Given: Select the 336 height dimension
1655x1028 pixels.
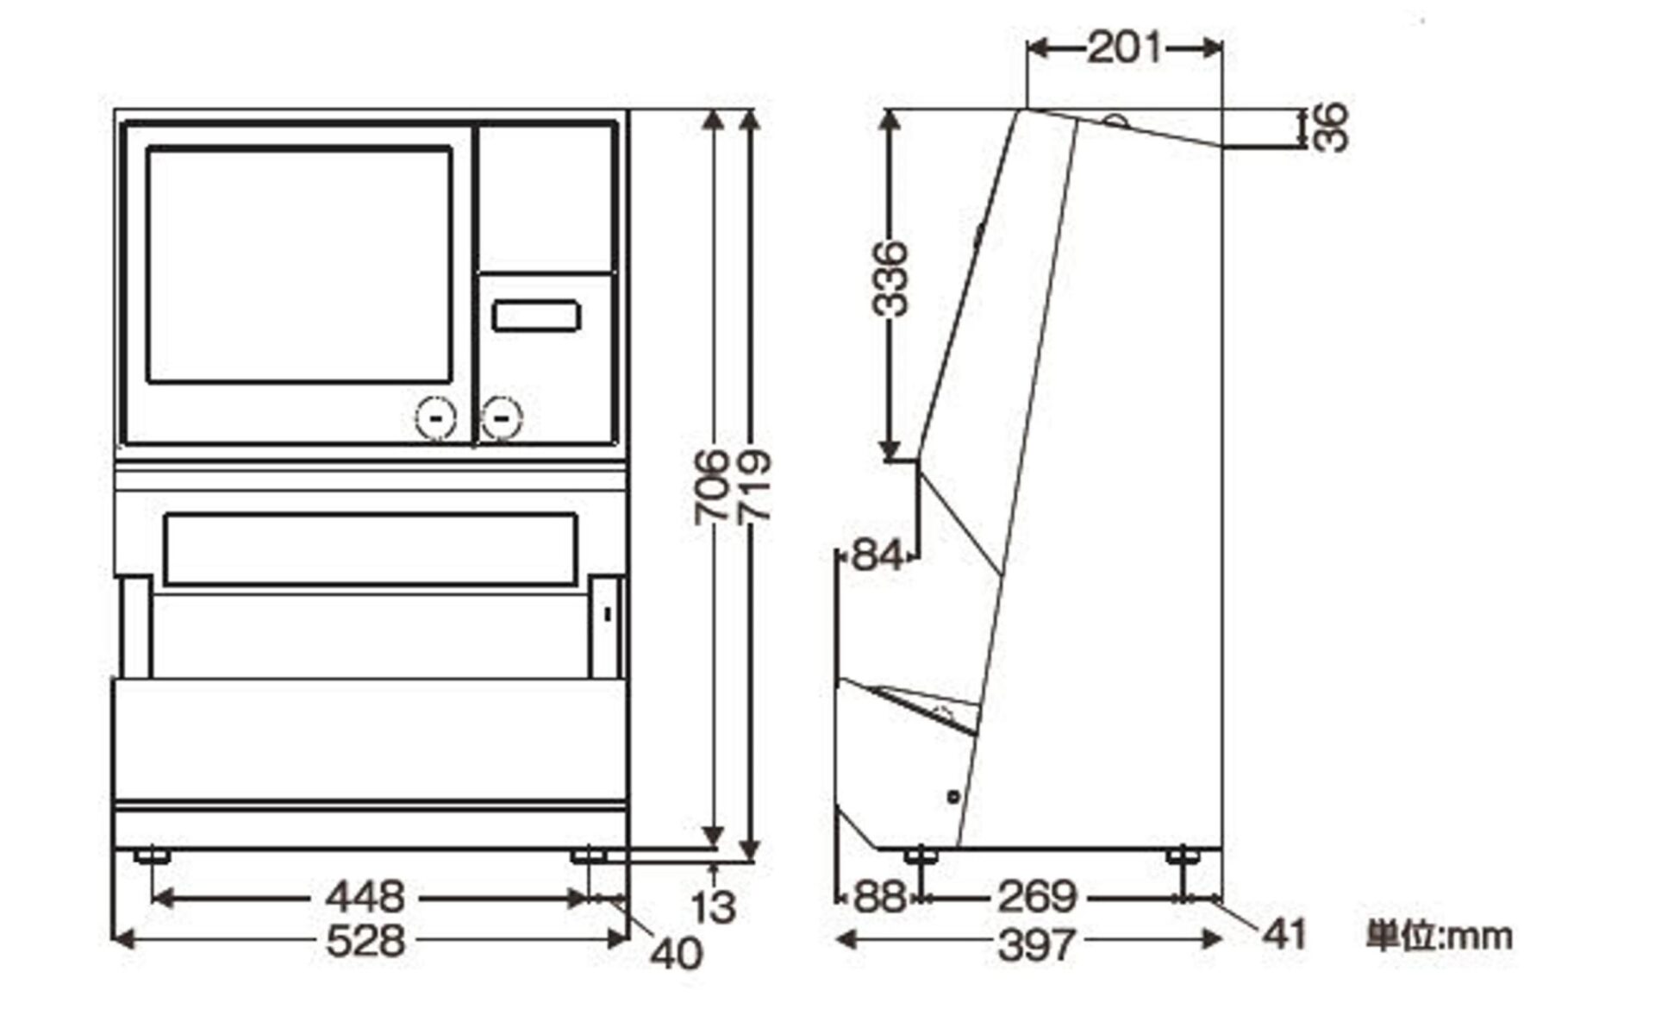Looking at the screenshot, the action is [x=890, y=279].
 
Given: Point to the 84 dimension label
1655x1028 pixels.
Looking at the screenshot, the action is [x=877, y=555].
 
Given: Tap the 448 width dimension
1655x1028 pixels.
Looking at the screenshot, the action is [x=365, y=897].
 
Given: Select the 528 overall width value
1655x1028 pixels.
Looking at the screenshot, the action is [x=365, y=939].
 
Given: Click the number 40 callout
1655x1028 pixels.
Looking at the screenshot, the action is [x=677, y=954].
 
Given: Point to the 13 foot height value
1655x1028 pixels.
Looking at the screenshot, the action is [x=714, y=907].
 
